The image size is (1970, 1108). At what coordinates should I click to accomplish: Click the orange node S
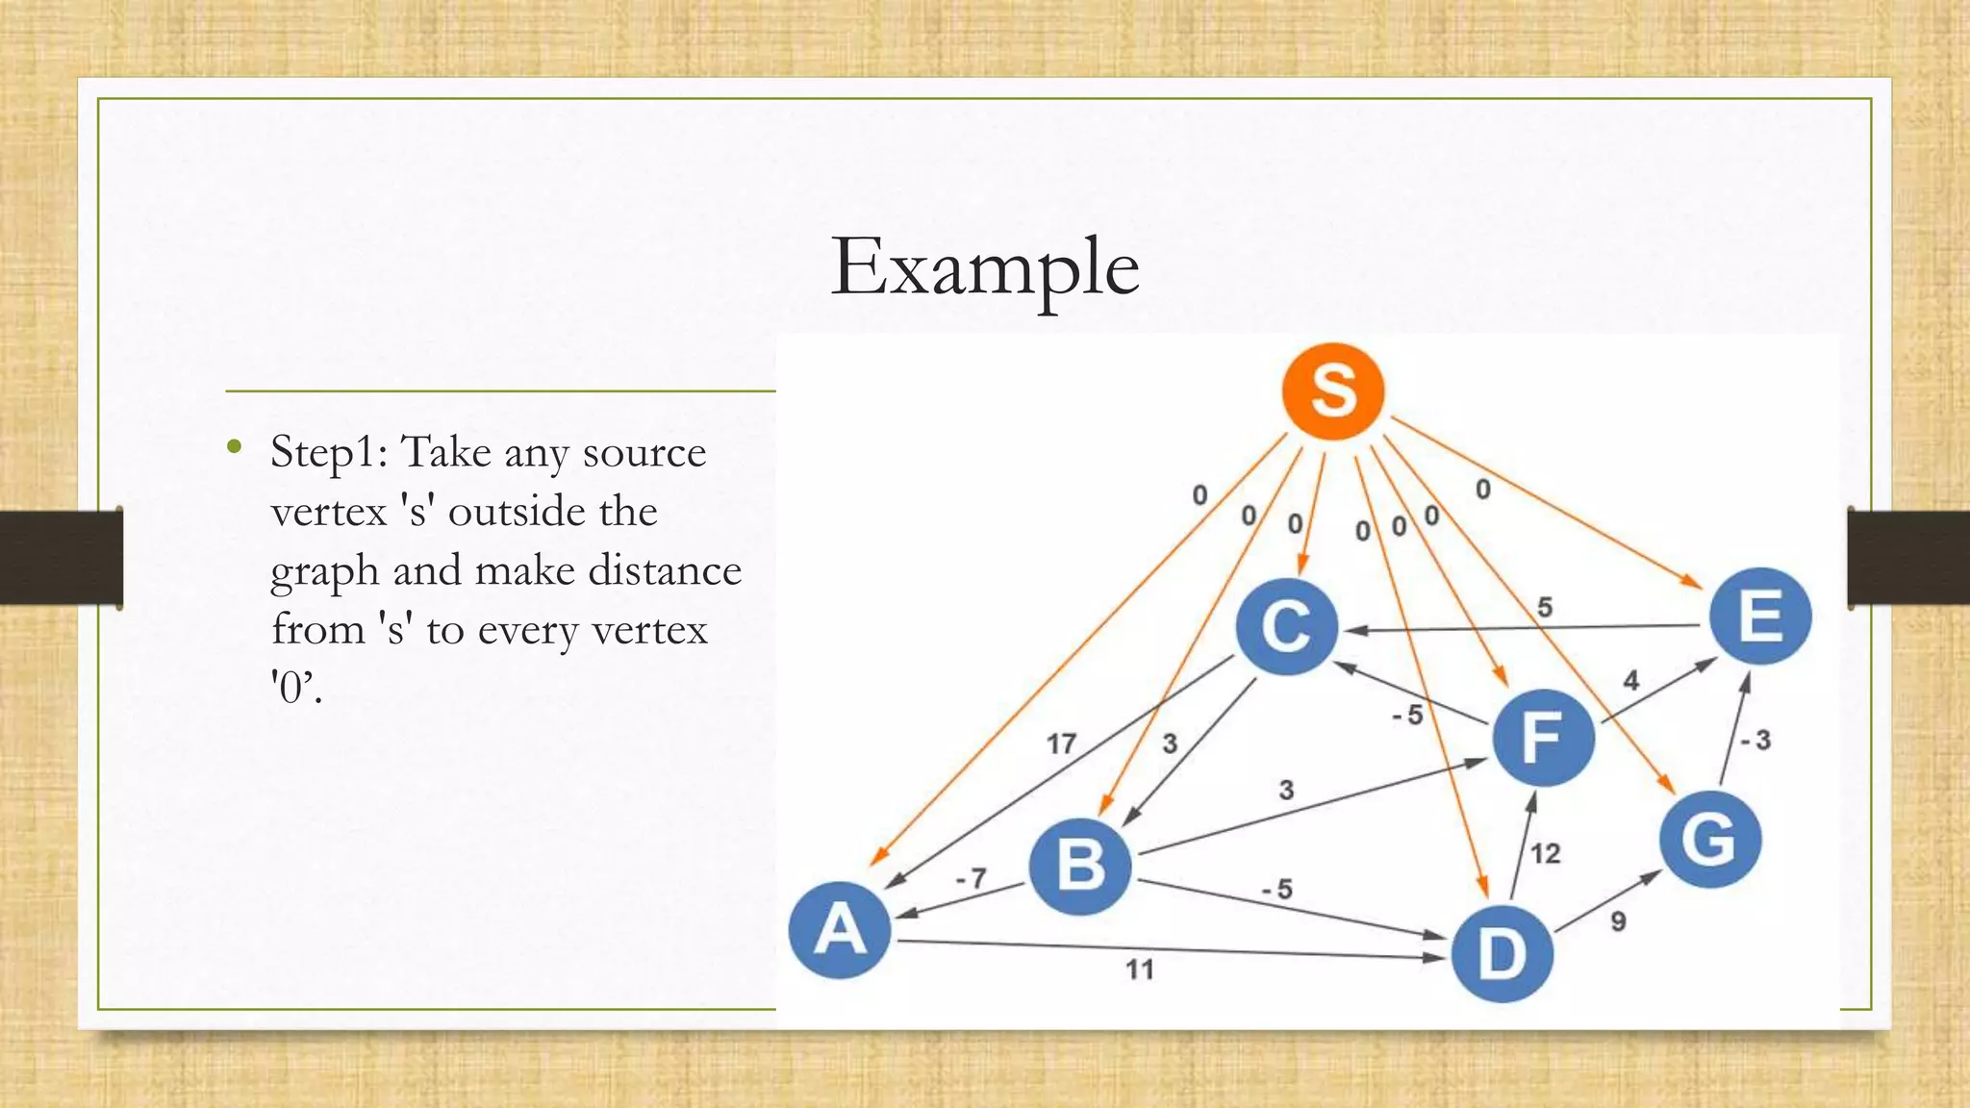(x=1333, y=391)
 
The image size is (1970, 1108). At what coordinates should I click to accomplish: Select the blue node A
(x=840, y=930)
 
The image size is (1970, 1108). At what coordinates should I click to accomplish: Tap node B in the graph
(x=1080, y=866)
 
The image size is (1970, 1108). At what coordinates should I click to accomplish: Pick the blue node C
(x=1287, y=626)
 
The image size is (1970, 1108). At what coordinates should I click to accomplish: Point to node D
(x=1502, y=953)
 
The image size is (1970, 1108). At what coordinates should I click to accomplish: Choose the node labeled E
(x=1760, y=617)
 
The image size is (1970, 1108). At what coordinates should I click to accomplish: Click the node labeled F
(x=1543, y=738)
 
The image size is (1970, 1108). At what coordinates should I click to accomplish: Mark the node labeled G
(x=1710, y=839)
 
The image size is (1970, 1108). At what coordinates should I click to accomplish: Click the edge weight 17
(x=1061, y=743)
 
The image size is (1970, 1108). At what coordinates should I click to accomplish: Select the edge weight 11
(x=1140, y=969)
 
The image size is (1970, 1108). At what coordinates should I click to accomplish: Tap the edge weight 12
(x=1545, y=853)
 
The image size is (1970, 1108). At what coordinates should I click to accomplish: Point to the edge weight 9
(x=1618, y=921)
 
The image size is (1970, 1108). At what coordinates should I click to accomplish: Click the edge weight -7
(x=972, y=878)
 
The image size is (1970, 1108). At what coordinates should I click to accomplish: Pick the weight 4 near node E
(x=1630, y=681)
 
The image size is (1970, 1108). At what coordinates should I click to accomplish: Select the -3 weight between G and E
(x=1755, y=740)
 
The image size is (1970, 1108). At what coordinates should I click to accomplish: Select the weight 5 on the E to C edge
(x=1545, y=607)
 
